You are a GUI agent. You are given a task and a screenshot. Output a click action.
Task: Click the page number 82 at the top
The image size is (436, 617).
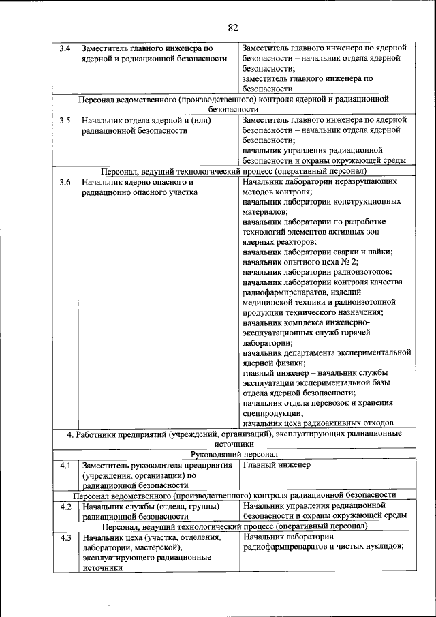tap(233, 27)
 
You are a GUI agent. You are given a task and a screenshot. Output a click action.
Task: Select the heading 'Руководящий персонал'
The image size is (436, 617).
tap(233, 454)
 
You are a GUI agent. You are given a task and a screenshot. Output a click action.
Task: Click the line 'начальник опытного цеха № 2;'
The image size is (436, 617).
tap(300, 262)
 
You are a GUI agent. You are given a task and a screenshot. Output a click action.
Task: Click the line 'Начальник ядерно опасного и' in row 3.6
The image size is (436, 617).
tap(138, 183)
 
